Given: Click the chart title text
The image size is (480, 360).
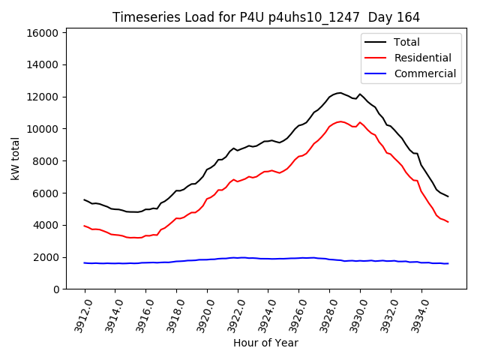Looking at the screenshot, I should pyautogui.click(x=265, y=16).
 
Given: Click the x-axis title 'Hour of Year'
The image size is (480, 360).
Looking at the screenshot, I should pyautogui.click(x=265, y=343).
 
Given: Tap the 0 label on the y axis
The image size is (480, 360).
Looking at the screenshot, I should pyautogui.click(x=56, y=289).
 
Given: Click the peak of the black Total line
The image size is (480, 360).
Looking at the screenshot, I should pyautogui.click(x=340, y=92).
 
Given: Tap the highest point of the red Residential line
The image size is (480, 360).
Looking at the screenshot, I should pyautogui.click(x=340, y=121).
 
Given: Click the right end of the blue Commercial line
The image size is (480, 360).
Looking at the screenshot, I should pyautogui.click(x=448, y=263).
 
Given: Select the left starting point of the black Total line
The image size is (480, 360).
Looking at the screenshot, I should pyautogui.click(x=84, y=199).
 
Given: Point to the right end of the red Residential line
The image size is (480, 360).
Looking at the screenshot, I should pyautogui.click(x=448, y=222).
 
